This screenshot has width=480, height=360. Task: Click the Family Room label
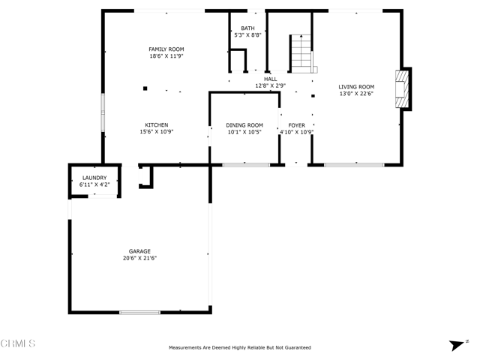166,49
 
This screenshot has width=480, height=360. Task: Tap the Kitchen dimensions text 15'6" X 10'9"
157,132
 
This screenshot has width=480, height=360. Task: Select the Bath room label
247,28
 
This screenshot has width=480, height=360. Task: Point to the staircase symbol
301,53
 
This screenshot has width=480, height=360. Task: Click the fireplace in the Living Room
402,89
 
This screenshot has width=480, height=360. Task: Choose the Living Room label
356,87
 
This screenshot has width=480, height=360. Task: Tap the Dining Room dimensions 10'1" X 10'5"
244,132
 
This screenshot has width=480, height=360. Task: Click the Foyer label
297,125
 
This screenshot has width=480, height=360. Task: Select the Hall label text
270,79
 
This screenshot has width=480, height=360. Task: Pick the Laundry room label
94,178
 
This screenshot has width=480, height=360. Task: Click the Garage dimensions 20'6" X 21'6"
140,258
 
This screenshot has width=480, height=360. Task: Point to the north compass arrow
457,345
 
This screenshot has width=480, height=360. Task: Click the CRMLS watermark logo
18,343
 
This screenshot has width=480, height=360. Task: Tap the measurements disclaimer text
240,348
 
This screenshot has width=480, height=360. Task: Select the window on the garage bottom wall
139,313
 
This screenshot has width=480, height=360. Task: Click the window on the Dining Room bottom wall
246,165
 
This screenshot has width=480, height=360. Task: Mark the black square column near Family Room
145,88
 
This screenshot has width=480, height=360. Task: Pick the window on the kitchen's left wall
103,112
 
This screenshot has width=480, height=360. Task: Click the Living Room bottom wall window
354,165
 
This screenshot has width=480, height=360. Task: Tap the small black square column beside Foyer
313,96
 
